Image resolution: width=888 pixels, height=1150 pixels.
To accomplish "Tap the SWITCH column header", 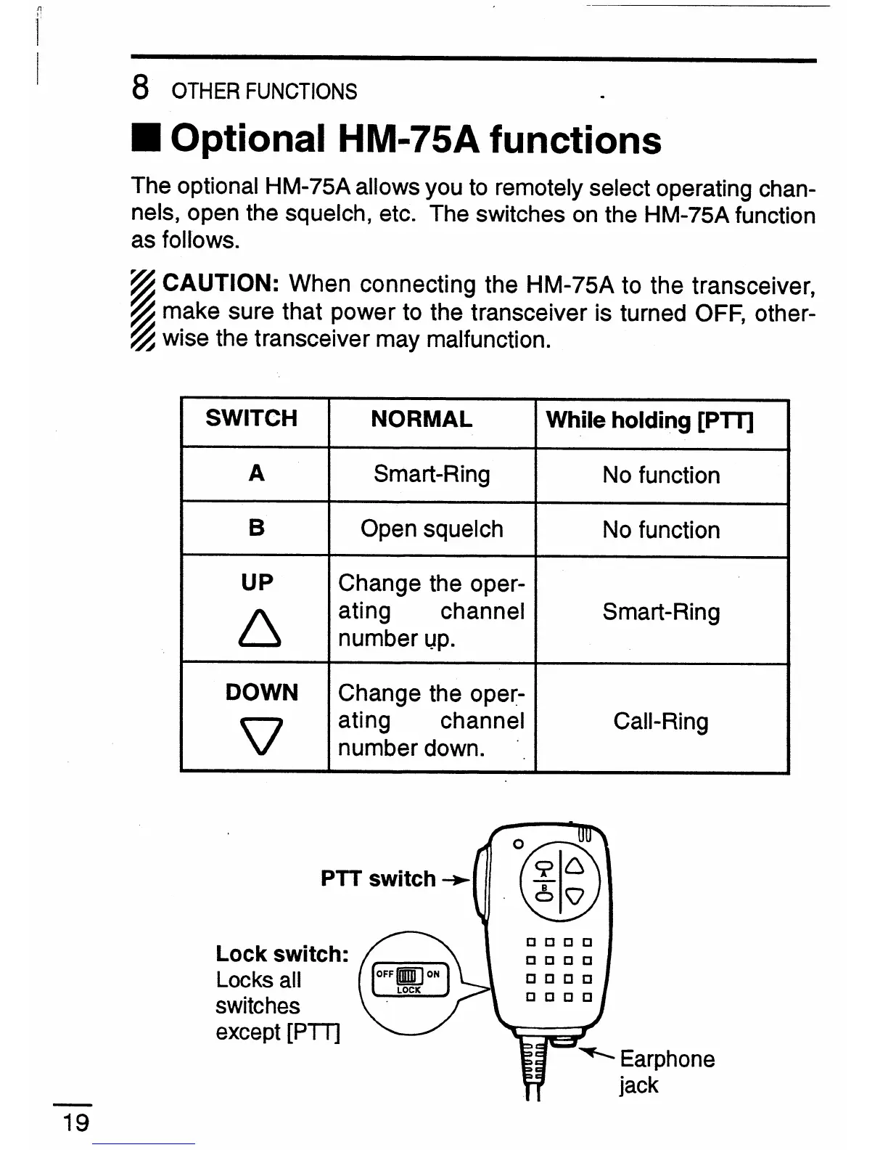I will tap(251, 419).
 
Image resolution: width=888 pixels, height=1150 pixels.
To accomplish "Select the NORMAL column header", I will tap(421, 419).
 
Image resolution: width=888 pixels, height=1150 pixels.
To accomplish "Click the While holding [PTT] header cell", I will tap(649, 420).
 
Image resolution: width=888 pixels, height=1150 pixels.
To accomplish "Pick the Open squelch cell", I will tap(432, 529).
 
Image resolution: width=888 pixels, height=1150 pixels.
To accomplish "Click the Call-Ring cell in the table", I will tap(661, 722).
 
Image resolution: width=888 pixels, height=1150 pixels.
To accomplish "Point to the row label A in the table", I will tap(256, 474).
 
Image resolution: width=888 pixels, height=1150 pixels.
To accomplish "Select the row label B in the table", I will tap(256, 528).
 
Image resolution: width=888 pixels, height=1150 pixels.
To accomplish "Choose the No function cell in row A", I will tap(661, 476).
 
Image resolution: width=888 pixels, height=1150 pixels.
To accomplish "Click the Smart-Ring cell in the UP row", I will tap(661, 612).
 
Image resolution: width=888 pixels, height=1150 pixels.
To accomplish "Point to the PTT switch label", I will tap(378, 879).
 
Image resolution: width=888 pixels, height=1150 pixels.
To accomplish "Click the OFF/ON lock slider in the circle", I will tap(408, 975).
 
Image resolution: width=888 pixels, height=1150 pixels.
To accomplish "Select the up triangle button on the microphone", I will tap(574, 866).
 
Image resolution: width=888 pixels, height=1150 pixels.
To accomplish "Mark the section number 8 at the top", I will tap(141, 89).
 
